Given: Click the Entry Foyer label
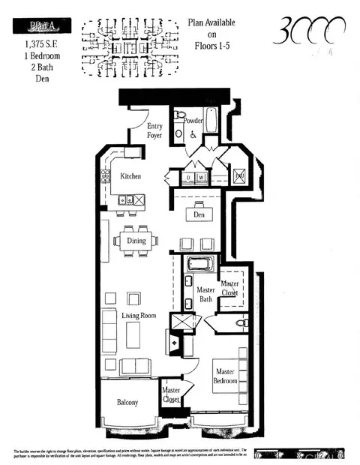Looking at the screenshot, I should point(154,130).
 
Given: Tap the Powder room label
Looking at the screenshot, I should point(193,119).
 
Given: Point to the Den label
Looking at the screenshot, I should point(199,215).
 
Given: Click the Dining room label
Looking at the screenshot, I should point(136,241).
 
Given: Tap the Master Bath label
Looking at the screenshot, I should point(205,295).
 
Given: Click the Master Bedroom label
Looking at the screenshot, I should point(226,376).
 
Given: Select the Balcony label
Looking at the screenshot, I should point(127,403).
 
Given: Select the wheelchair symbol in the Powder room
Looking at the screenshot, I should point(193,135).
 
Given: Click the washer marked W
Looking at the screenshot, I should point(200,178).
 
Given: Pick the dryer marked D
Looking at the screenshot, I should point(189,178).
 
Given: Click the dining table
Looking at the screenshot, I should point(136,241).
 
